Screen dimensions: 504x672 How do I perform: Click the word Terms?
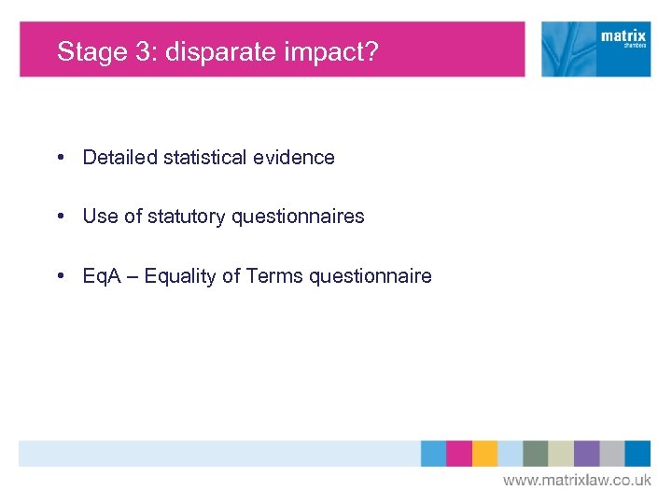tap(275, 275)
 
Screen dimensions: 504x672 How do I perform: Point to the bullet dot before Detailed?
tap(60, 158)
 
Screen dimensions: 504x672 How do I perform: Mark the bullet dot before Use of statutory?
tap(60, 217)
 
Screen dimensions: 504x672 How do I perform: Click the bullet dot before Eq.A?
tap(60, 275)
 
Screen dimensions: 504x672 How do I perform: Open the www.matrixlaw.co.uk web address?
tap(577, 480)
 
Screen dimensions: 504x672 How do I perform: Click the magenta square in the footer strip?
tap(459, 454)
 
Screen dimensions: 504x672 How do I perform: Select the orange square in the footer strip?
tap(484, 454)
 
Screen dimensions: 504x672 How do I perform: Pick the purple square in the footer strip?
tap(586, 454)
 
